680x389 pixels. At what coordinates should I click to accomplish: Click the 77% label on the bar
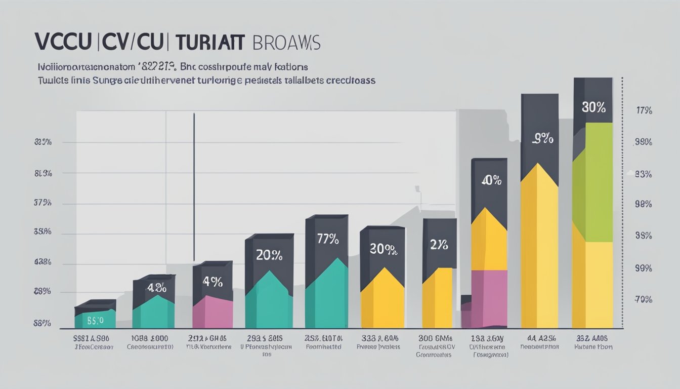pyautogui.click(x=327, y=239)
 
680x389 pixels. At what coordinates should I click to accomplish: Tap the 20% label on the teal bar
pyautogui.click(x=269, y=256)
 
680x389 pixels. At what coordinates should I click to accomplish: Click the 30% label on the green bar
pyautogui.click(x=593, y=107)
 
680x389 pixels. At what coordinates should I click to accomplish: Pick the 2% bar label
pyautogui.click(x=439, y=245)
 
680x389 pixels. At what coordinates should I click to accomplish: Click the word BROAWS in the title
pyautogui.click(x=286, y=44)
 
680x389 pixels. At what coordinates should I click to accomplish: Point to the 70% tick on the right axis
pyautogui.click(x=643, y=300)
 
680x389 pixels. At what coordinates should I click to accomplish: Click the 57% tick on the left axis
pyautogui.click(x=42, y=203)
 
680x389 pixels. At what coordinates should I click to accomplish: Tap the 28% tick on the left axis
pyautogui.click(x=42, y=292)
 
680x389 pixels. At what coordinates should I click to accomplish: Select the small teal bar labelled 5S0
pyautogui.click(x=95, y=319)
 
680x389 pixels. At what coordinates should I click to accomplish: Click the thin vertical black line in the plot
pyautogui.click(x=194, y=187)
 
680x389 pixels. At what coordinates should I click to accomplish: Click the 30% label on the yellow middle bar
pyautogui.click(x=383, y=249)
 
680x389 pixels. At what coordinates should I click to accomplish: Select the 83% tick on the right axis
pyautogui.click(x=643, y=174)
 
